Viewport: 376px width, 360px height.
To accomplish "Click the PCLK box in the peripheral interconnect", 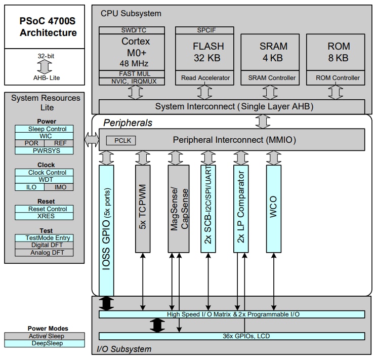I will [121, 140].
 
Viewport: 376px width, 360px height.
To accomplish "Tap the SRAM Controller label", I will [272, 78].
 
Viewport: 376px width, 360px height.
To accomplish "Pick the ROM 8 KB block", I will [338, 52].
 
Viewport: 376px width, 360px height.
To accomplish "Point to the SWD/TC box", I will [129, 30].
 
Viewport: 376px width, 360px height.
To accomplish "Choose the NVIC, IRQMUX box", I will [129, 81].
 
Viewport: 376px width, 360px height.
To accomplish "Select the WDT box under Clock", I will [44, 180].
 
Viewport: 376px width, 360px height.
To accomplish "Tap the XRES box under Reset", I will [44, 216].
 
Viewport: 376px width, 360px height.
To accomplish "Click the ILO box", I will [29, 187].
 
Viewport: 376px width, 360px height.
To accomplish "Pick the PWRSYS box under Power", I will [44, 150].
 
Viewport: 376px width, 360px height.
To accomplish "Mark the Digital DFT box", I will [44, 245].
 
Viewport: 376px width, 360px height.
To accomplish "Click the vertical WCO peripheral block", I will [274, 208].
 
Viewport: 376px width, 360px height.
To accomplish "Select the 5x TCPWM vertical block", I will [143, 208].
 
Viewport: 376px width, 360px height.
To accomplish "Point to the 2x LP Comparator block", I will [241, 208].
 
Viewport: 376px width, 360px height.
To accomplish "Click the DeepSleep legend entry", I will [44, 344].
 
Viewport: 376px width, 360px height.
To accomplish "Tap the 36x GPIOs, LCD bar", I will [231, 336].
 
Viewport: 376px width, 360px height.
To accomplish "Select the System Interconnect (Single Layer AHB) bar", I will [231, 107].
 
